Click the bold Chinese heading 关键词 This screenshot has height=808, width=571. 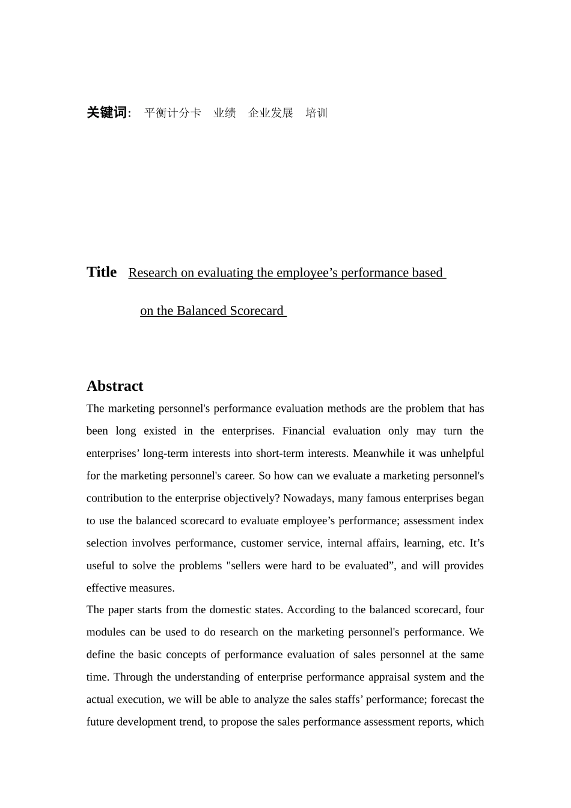(107, 113)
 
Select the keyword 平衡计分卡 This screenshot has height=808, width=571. (173, 113)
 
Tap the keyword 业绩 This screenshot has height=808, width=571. (225, 113)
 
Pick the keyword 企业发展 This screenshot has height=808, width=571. (270, 113)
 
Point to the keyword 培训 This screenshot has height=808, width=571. (316, 113)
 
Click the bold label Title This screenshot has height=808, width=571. (102, 272)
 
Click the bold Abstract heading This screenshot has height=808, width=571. (115, 386)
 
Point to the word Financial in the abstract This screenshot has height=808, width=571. (304, 431)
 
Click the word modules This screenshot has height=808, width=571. (105, 632)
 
